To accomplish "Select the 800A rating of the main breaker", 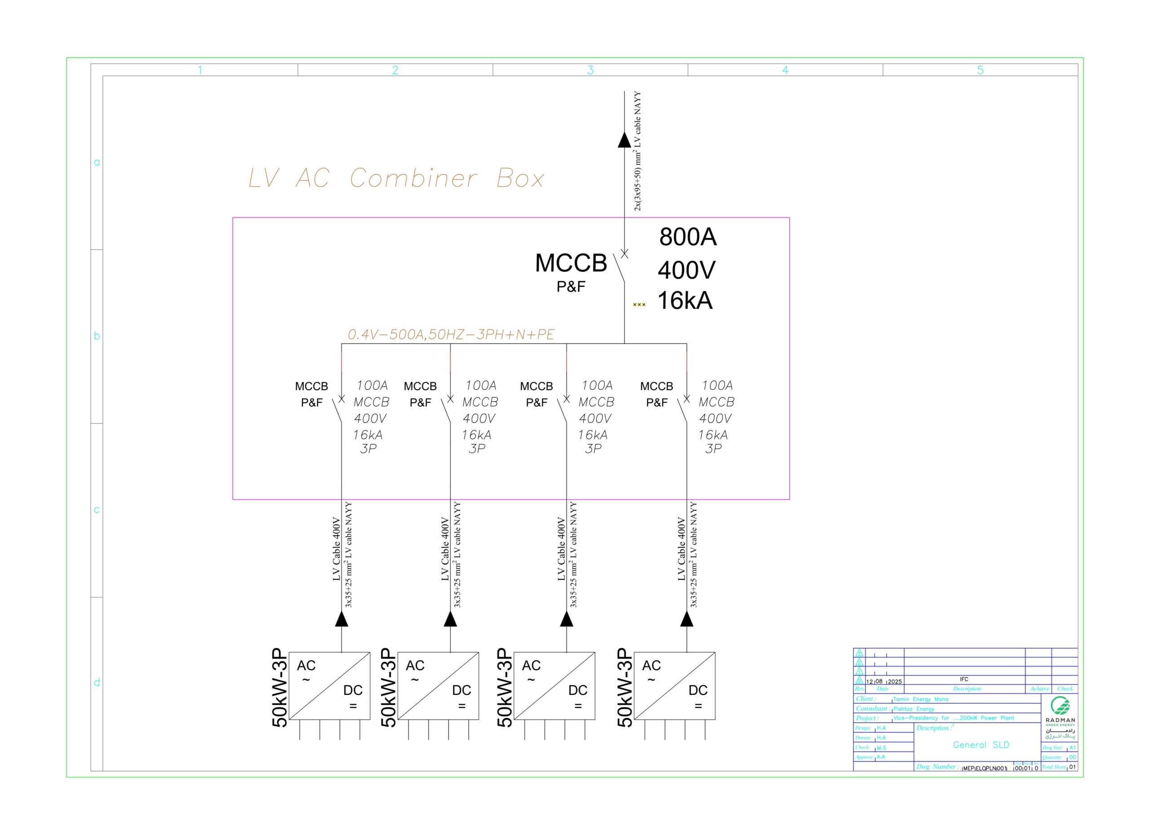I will click(x=688, y=237).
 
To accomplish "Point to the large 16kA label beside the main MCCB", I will click(x=685, y=301).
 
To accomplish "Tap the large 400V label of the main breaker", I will click(x=686, y=270).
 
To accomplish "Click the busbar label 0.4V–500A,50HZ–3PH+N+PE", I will click(x=451, y=334).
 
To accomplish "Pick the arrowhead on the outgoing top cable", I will click(x=624, y=140).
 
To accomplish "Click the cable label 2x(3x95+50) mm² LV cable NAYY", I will click(x=637, y=151).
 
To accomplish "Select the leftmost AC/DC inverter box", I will click(x=329, y=685).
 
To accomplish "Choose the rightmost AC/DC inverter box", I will click(x=674, y=685).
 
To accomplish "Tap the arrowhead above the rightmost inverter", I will click(x=686, y=619).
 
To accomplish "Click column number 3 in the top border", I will click(x=590, y=70).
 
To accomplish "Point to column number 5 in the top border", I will click(x=980, y=70).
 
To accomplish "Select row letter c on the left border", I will click(x=97, y=509).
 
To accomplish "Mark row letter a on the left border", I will click(x=97, y=162).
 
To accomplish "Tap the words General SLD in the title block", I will click(x=981, y=745).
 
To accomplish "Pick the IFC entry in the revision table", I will click(x=964, y=679).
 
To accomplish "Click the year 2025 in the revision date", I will click(x=895, y=681).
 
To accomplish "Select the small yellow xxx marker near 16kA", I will click(x=639, y=304).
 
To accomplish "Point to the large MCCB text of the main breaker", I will click(x=571, y=263).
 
